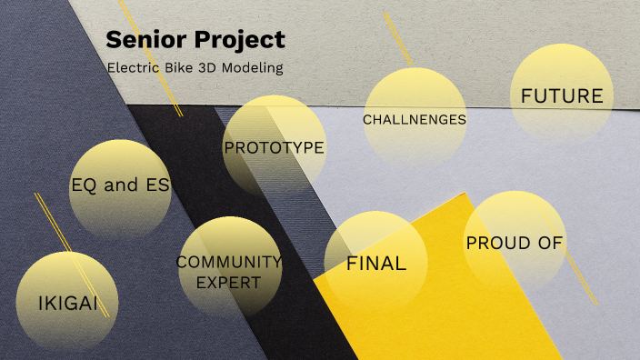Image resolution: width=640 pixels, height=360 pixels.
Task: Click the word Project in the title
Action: click(241, 41)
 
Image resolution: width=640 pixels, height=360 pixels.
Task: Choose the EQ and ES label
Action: click(120, 185)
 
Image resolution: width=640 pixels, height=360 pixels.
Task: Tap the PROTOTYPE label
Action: click(274, 147)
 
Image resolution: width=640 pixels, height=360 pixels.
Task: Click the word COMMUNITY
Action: click(229, 262)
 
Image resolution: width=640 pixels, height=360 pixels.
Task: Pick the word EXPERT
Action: click(229, 283)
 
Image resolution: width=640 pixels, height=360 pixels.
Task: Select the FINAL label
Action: click(376, 264)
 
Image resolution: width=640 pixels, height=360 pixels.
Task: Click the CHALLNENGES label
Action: click(414, 119)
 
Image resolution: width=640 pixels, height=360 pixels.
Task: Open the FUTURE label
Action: click(562, 95)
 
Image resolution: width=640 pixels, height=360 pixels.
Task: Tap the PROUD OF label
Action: click(515, 243)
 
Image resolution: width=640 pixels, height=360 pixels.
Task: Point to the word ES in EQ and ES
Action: click(157, 185)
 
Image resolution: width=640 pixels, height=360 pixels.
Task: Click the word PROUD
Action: click(499, 243)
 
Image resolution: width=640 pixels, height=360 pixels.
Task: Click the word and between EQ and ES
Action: click(121, 185)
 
